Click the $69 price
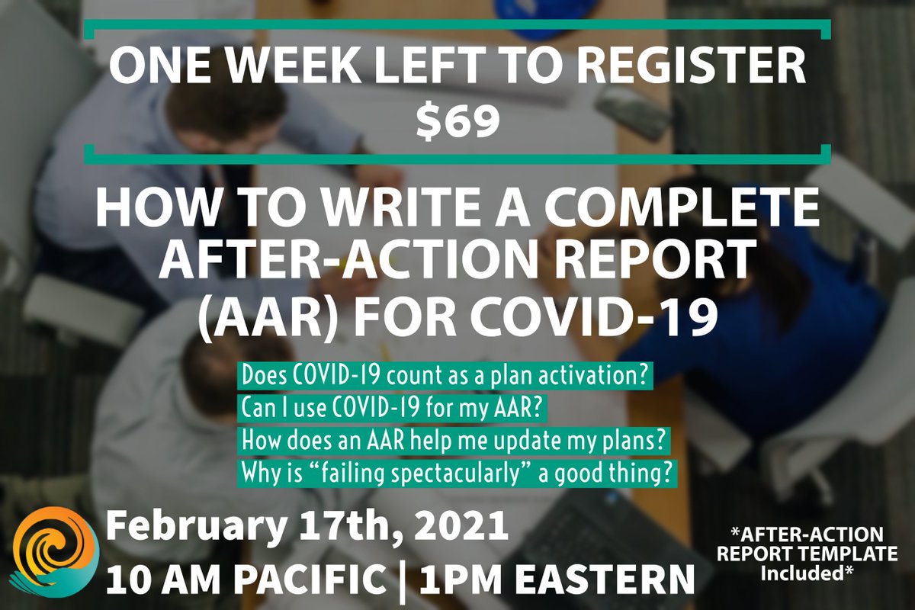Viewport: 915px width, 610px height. pyautogui.click(x=457, y=121)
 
